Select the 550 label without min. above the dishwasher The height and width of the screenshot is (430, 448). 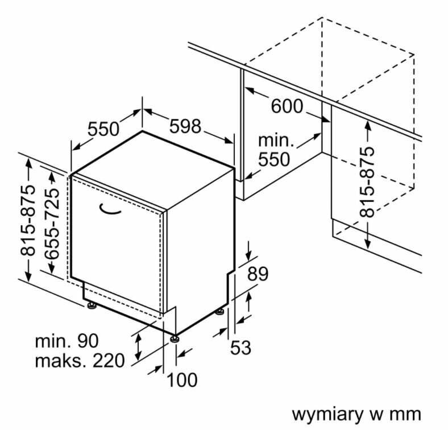pyautogui.click(x=103, y=130)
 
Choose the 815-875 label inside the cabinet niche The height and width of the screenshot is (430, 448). pyautogui.click(x=368, y=182)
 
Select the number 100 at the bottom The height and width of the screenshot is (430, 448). pyautogui.click(x=182, y=379)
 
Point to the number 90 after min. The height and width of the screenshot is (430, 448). pyautogui.click(x=88, y=341)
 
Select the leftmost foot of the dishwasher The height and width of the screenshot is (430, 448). pyautogui.click(x=91, y=306)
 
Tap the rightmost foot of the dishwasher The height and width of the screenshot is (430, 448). pyautogui.click(x=220, y=312)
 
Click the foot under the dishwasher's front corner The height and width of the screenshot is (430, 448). pyautogui.click(x=175, y=339)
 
